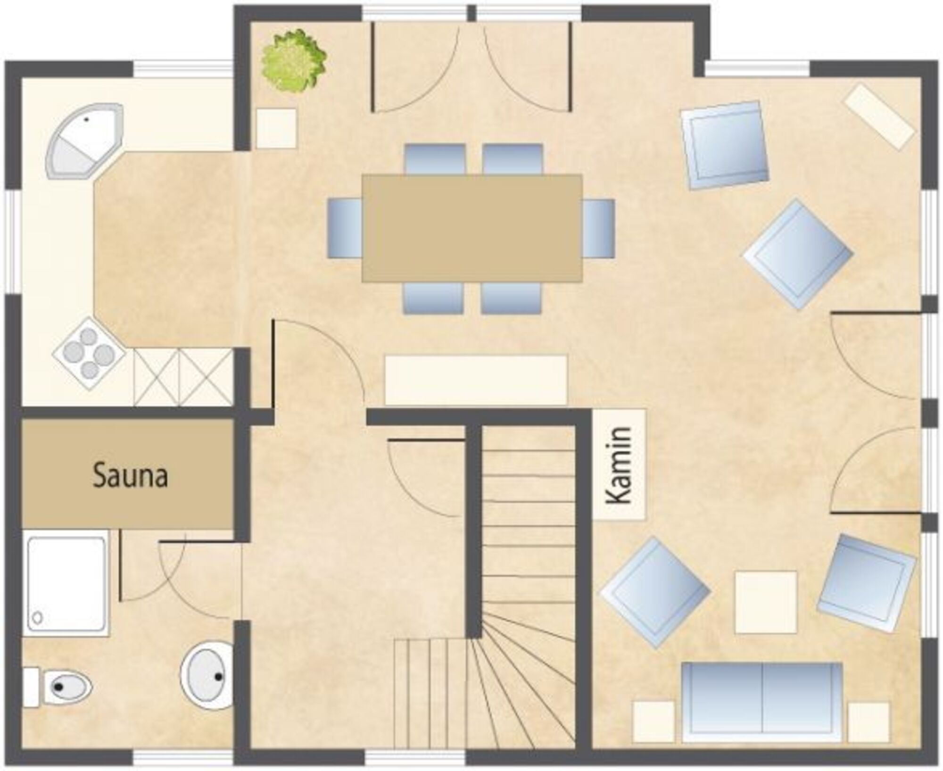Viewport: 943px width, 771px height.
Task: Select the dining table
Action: (472, 228)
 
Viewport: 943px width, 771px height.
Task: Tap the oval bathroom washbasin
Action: (206, 675)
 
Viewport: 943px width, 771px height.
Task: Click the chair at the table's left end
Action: (344, 228)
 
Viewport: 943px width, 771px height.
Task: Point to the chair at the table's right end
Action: (599, 228)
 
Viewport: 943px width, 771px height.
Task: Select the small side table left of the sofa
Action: (653, 721)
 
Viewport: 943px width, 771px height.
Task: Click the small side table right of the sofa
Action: (869, 722)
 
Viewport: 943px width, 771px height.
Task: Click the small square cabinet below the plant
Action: (276, 128)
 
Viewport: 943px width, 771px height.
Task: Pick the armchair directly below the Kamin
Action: (655, 592)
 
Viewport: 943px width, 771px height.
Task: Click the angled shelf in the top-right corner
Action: (880, 116)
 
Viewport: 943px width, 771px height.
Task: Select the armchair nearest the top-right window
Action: (725, 145)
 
